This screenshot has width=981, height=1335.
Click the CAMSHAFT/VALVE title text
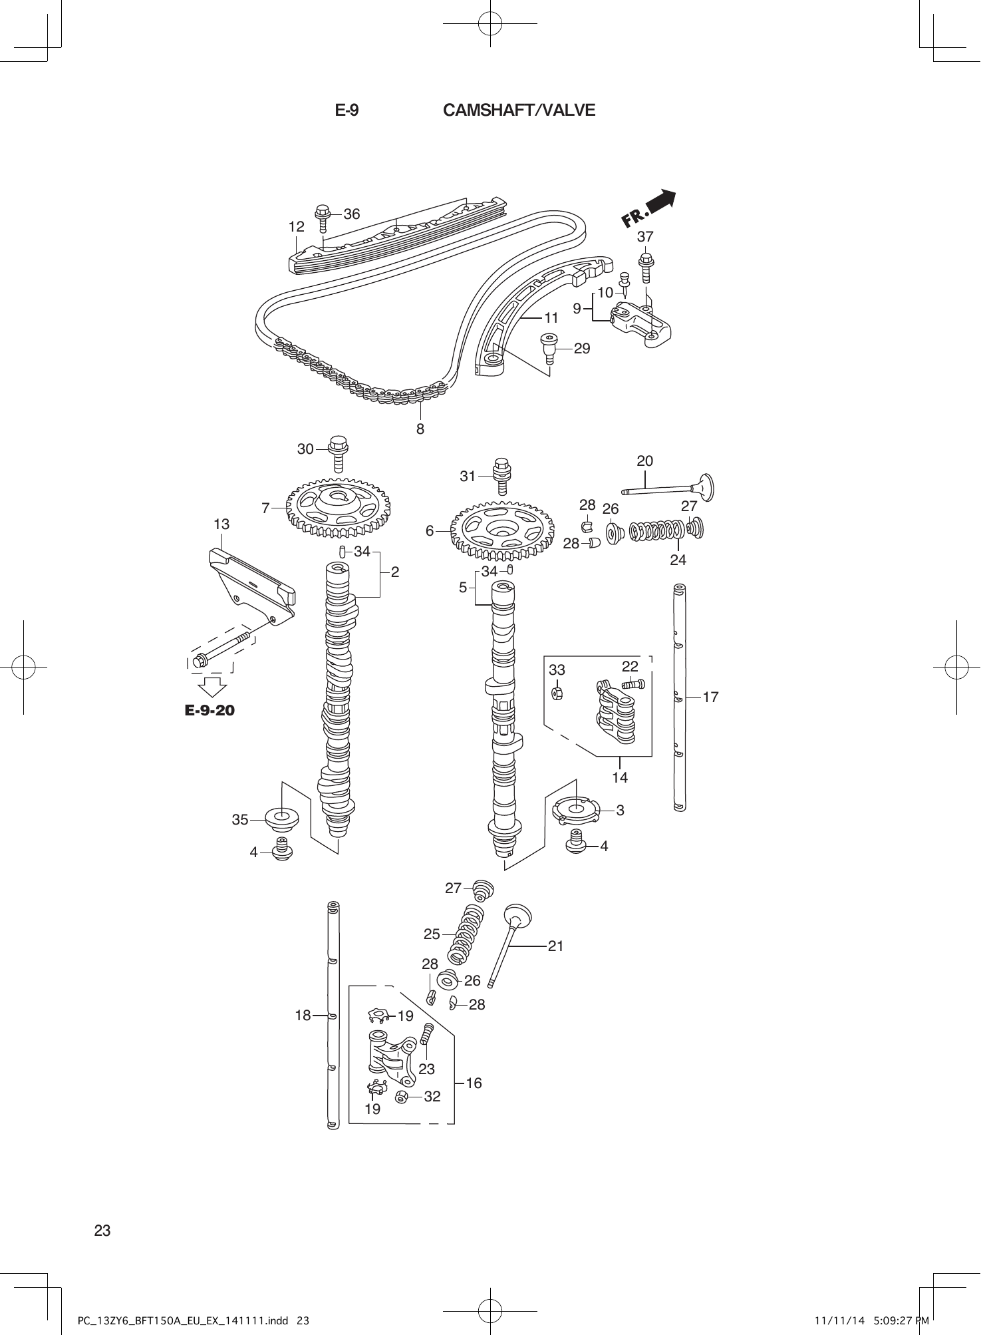point(519,110)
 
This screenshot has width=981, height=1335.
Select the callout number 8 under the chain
point(420,429)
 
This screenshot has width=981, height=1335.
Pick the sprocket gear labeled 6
point(503,529)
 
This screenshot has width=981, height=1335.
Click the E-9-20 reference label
point(210,711)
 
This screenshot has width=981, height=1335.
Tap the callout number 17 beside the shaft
point(710,697)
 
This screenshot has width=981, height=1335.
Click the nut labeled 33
point(557,693)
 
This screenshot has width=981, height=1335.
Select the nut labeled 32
point(402,1097)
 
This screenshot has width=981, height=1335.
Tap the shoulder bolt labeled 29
point(549,347)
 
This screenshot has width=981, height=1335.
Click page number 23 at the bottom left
point(102,1231)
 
